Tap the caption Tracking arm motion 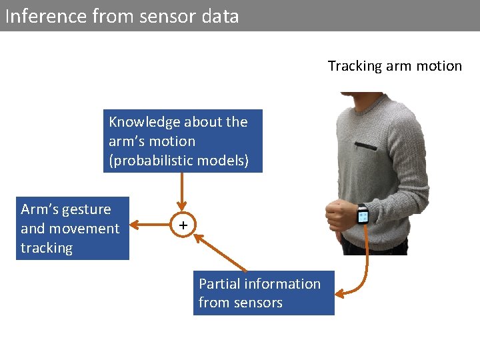tap(395, 66)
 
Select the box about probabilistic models tap(183, 141)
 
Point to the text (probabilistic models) tap(179, 161)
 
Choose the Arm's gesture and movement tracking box tap(72, 229)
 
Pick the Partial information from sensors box tap(263, 293)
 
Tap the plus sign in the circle tap(183, 226)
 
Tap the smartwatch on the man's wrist tap(362, 215)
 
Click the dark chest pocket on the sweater tap(365, 145)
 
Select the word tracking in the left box tap(47, 248)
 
